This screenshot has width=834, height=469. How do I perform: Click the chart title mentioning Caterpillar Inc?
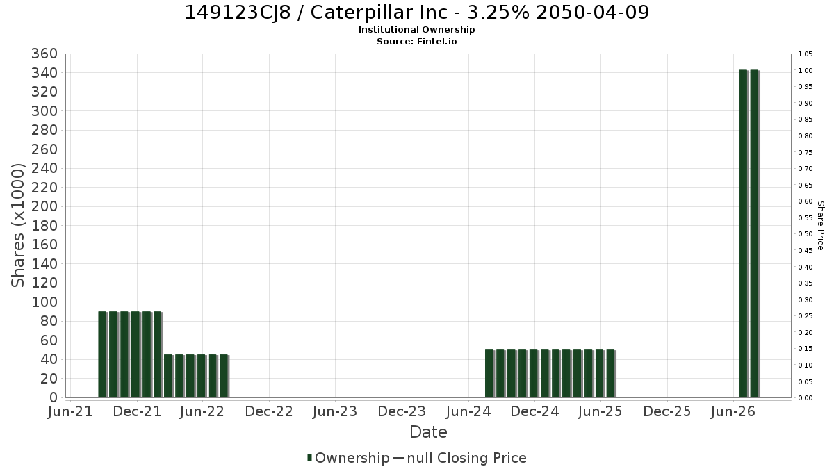416,13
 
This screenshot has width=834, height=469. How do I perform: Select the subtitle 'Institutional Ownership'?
416,30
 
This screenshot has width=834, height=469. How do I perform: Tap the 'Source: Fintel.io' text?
416,41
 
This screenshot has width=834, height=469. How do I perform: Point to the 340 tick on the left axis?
44,73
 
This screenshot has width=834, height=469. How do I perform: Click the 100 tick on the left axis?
44,302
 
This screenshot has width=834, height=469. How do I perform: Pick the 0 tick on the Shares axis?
54,397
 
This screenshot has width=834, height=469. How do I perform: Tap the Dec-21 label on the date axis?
137,411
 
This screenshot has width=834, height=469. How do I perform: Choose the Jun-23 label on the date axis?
335,411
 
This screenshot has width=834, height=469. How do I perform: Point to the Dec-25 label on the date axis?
667,411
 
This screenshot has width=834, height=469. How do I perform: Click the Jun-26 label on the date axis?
733,411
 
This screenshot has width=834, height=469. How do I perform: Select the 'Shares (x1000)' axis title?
17,226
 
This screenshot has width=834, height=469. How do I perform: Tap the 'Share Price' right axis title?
820,226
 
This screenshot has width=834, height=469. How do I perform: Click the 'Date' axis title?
428,432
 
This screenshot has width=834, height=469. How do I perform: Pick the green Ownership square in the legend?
309,458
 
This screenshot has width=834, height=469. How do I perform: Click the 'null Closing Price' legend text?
466,458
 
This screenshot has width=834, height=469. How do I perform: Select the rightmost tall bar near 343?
754,233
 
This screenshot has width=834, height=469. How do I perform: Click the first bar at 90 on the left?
102,354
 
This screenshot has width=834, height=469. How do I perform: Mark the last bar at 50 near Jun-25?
611,374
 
